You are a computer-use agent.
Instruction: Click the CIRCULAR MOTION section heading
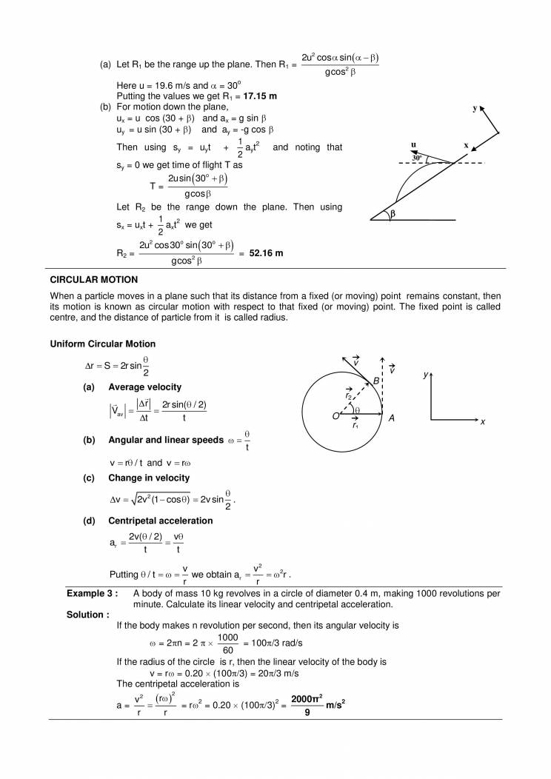[94, 279]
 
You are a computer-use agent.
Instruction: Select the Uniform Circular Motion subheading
[102, 344]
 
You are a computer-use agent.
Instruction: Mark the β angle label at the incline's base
[393, 213]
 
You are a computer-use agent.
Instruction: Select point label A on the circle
[392, 418]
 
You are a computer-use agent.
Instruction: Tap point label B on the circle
[376, 380]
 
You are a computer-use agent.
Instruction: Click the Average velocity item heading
[144, 387]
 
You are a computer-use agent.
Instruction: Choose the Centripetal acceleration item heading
[160, 521]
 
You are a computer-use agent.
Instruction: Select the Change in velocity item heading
[149, 478]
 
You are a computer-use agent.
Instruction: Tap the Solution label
[87, 614]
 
